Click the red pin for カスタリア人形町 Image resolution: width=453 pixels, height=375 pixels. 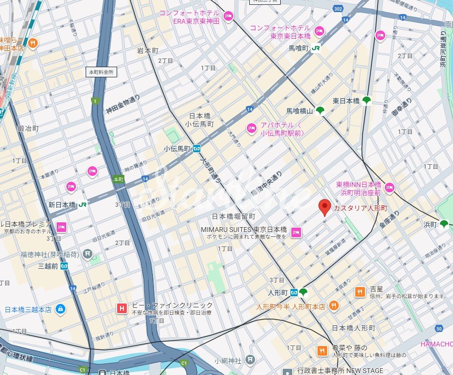pyautogui.click(x=325, y=207)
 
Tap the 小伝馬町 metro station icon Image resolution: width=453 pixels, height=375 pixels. pyautogui.click(x=197, y=149)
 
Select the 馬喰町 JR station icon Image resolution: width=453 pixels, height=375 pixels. pyautogui.click(x=316, y=48)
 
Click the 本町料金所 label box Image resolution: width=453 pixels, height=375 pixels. pyautogui.click(x=101, y=72)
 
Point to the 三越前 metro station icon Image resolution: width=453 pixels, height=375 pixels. pyautogui.click(x=64, y=266)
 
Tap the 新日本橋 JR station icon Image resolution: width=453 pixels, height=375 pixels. pyautogui.click(x=83, y=204)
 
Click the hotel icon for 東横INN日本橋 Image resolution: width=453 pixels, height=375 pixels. pyautogui.click(x=390, y=187)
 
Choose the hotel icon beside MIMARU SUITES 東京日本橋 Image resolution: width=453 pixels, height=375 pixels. pyautogui.click(x=296, y=232)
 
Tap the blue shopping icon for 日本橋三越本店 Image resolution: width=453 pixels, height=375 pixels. pyautogui.click(x=60, y=309)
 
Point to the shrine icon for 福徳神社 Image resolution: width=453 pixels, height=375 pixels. pyautogui.click(x=87, y=253)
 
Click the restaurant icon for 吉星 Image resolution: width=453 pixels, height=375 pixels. pyautogui.click(x=360, y=291)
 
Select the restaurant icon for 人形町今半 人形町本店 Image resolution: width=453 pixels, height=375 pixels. pyautogui.click(x=333, y=305)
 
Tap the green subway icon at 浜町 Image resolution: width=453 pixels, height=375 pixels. pyautogui.click(x=444, y=224)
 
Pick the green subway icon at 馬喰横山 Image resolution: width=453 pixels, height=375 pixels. pyautogui.click(x=320, y=110)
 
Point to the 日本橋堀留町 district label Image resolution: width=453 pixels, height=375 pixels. pyautogui.click(x=234, y=216)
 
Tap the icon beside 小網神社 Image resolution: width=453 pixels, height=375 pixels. pyautogui.click(x=250, y=360)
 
